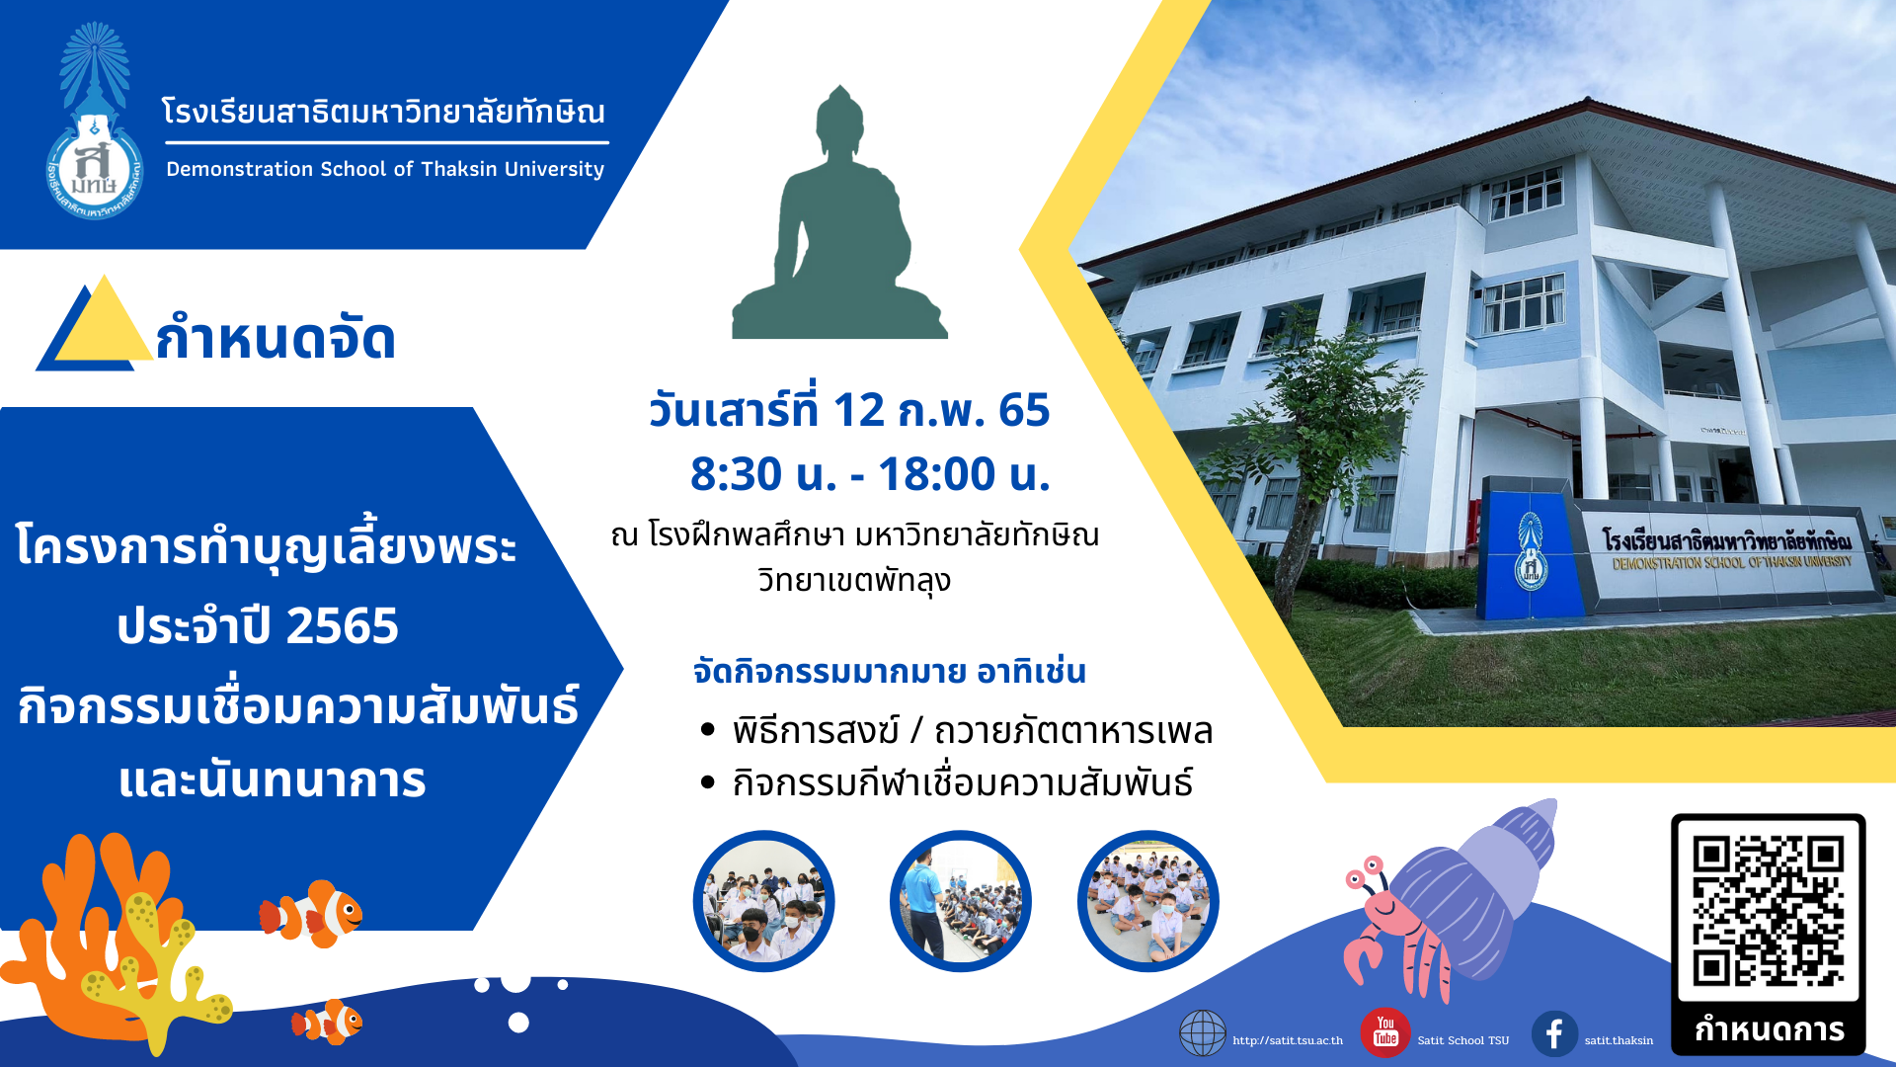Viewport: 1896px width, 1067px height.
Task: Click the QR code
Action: pyautogui.click(x=1768, y=910)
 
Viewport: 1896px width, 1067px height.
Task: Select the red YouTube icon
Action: pyautogui.click(x=1384, y=1032)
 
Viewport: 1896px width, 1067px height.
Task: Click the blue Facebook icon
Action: pyautogui.click(x=1554, y=1033)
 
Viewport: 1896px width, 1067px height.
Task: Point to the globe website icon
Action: pyautogui.click(x=1203, y=1033)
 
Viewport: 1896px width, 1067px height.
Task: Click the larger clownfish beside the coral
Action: pyautogui.click(x=311, y=915)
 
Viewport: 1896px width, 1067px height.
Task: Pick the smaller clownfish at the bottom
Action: pyautogui.click(x=327, y=1023)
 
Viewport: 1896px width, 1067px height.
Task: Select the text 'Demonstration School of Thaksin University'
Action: pyautogui.click(x=385, y=169)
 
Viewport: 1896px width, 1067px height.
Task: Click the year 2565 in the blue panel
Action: pyautogui.click(x=342, y=625)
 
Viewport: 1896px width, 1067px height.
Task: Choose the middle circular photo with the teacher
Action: pyautogui.click(x=960, y=901)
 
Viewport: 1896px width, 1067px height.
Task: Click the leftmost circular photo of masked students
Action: pyautogui.click(x=763, y=901)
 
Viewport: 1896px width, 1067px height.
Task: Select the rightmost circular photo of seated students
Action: pyautogui.click(x=1147, y=901)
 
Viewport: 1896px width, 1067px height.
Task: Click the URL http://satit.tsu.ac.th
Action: pyautogui.click(x=1288, y=1040)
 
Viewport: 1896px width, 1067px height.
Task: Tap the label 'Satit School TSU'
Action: pyautogui.click(x=1462, y=1040)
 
